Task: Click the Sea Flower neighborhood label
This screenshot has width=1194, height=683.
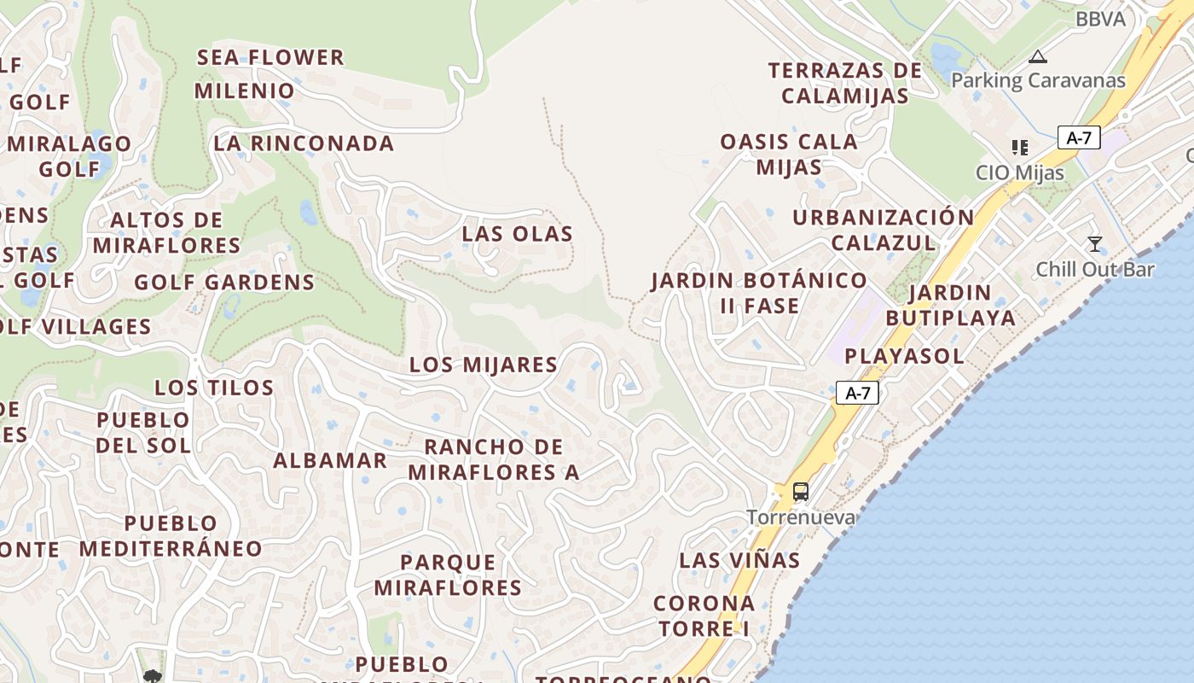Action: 270,57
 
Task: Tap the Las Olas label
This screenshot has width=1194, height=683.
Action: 517,233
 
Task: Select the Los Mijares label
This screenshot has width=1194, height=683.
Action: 483,365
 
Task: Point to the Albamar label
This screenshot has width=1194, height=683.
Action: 330,460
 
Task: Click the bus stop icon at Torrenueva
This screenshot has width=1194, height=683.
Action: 800,491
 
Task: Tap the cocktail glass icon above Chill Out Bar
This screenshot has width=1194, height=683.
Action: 1095,244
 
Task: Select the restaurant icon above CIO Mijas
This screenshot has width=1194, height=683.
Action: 1019,148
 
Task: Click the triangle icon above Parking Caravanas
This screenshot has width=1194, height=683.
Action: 1037,57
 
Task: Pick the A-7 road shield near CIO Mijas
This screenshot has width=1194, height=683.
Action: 1079,137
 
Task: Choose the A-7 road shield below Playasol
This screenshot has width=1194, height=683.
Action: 856,393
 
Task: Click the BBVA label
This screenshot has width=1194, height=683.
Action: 1100,19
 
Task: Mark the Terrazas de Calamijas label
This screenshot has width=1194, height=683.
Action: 845,83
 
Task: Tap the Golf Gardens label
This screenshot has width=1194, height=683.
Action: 224,282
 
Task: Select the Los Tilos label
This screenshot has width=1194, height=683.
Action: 214,388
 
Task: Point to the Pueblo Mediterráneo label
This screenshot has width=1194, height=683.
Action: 171,535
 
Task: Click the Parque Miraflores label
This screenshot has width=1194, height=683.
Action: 448,575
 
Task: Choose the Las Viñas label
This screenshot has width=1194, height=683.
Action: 739,560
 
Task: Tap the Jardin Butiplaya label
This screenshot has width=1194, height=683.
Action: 950,305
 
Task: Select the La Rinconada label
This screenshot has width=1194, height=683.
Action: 304,143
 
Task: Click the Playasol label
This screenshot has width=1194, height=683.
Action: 904,355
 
